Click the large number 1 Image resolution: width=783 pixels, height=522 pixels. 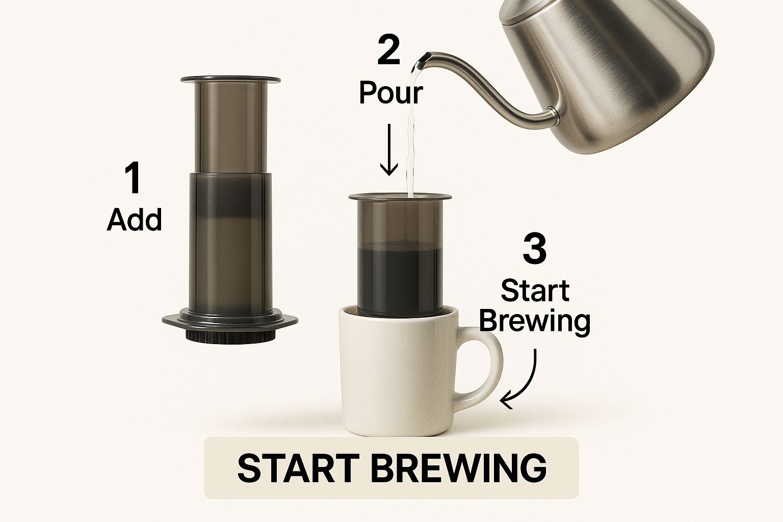coord(133,178)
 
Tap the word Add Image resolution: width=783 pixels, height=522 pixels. coord(134,219)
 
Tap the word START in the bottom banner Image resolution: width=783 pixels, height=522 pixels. coord(298,468)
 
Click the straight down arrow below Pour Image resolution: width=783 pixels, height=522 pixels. coord(389,149)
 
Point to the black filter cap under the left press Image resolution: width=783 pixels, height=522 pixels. coord(230,335)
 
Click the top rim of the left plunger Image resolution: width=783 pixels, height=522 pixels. coord(231,80)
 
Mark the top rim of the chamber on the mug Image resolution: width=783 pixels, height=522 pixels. coord(400,197)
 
